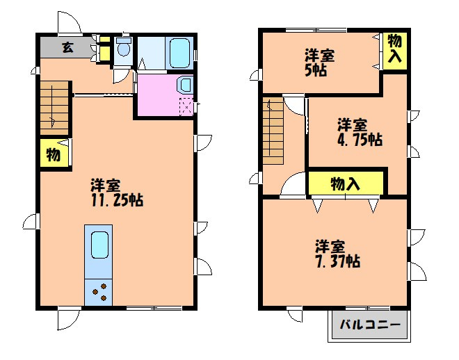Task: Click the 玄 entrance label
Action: [67, 48]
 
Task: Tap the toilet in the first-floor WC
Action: [123, 49]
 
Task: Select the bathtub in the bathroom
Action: [179, 51]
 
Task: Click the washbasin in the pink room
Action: [186, 84]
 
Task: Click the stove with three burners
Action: [98, 291]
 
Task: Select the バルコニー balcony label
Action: [369, 325]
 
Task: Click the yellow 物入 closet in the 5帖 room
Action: [394, 51]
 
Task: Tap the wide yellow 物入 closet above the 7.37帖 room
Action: [346, 184]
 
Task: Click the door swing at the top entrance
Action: [70, 23]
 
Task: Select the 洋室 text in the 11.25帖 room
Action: [106, 186]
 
